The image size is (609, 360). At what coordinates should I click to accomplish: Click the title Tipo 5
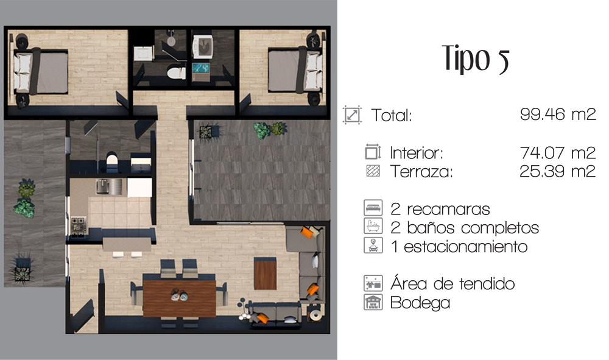click(x=476, y=59)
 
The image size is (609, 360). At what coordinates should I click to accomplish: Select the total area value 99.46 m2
click(x=558, y=114)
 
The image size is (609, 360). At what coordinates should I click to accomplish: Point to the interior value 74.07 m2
click(x=558, y=153)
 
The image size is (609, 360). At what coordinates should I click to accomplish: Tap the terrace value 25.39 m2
click(x=558, y=171)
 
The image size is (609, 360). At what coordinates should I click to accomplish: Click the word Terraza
click(x=421, y=171)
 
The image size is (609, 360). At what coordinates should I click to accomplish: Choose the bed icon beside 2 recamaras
click(x=373, y=208)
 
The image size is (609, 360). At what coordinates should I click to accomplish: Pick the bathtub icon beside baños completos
click(x=373, y=226)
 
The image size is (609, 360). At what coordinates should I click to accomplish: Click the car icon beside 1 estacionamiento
click(x=373, y=245)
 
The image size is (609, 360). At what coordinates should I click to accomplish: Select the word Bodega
click(x=420, y=303)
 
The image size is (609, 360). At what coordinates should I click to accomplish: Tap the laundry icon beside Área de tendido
click(x=373, y=283)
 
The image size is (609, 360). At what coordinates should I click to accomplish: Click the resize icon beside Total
click(x=352, y=115)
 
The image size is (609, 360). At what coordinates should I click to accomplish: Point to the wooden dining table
click(x=180, y=297)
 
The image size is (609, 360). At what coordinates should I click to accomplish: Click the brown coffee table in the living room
click(x=266, y=274)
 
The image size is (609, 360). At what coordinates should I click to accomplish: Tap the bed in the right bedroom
click(x=295, y=70)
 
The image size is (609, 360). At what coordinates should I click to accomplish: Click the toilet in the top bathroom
click(x=177, y=72)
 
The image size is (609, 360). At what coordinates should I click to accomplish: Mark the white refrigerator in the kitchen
click(x=139, y=188)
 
